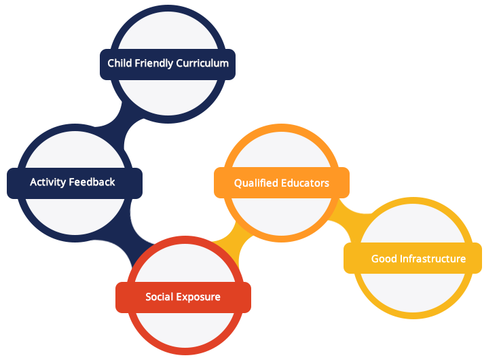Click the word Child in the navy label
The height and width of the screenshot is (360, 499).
118,63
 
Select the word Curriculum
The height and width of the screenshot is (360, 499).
202,63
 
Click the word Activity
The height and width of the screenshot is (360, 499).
47,182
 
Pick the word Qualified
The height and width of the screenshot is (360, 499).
255,183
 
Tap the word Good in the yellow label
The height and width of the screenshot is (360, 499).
384,259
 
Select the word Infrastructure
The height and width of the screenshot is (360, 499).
432,259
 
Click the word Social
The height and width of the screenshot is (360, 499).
160,297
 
